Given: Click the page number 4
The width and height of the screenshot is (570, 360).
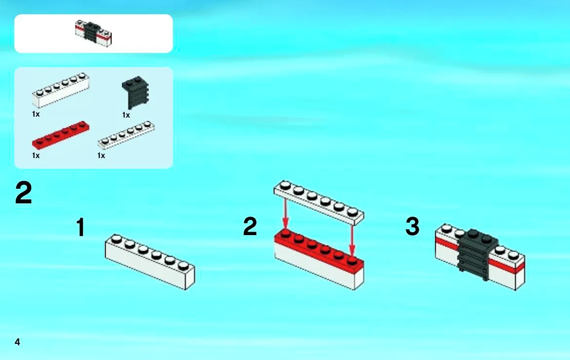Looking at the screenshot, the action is click(x=17, y=342).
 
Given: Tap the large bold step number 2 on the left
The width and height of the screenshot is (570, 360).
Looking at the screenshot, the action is click(x=23, y=193).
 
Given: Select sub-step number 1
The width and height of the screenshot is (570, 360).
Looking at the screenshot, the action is click(x=81, y=227).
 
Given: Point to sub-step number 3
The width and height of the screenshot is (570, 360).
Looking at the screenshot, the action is click(x=413, y=226).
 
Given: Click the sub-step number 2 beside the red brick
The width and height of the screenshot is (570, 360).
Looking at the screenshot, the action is click(x=250, y=226).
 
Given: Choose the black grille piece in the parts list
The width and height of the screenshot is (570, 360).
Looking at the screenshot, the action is click(x=135, y=92).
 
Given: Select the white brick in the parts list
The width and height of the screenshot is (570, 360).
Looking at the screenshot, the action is click(x=61, y=90).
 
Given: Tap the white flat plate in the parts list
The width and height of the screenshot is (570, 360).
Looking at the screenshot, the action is click(x=126, y=135).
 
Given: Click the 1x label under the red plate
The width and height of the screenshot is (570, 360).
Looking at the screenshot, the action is click(x=36, y=156).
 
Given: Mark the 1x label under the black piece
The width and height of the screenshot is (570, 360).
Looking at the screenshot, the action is click(x=126, y=115).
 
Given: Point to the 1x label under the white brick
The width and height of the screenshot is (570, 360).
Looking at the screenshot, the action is click(x=36, y=114).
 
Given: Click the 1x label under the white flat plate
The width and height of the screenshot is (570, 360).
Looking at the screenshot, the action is click(x=101, y=156).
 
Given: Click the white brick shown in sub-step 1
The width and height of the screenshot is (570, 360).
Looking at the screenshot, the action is click(x=150, y=262).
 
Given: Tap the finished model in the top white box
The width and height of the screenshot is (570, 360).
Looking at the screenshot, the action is click(x=94, y=34).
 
